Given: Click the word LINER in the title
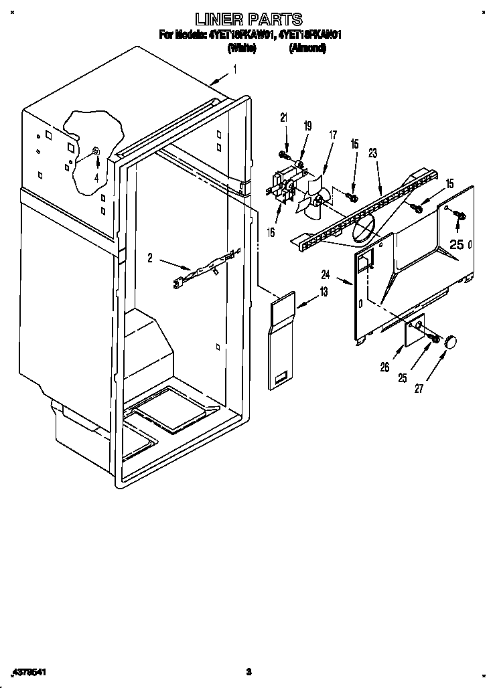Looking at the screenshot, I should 216,19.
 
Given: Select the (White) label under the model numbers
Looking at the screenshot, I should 241,48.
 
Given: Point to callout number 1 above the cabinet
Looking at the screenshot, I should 235,69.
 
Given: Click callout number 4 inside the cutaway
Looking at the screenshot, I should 96,178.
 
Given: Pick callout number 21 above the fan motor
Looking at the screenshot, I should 283,118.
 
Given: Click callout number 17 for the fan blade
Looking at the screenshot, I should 332,134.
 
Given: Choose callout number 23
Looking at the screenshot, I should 373,153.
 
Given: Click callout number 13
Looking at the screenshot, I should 324,292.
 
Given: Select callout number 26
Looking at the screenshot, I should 384,366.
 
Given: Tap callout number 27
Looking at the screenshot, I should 419,389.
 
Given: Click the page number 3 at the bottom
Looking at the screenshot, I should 248,671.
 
